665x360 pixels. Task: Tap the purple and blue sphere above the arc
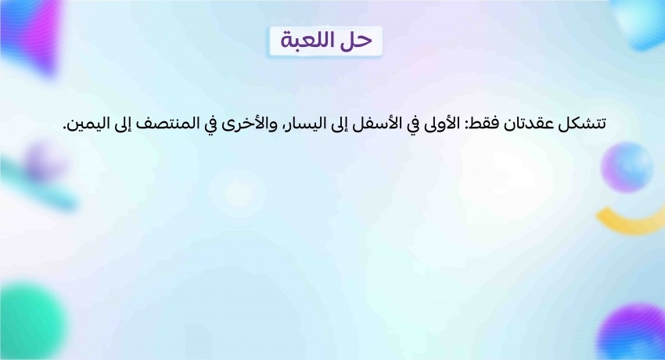click(627, 167)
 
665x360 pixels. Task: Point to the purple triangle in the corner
click(32, 36)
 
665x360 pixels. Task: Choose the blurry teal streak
click(40, 186)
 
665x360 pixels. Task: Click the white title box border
click(325, 27)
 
